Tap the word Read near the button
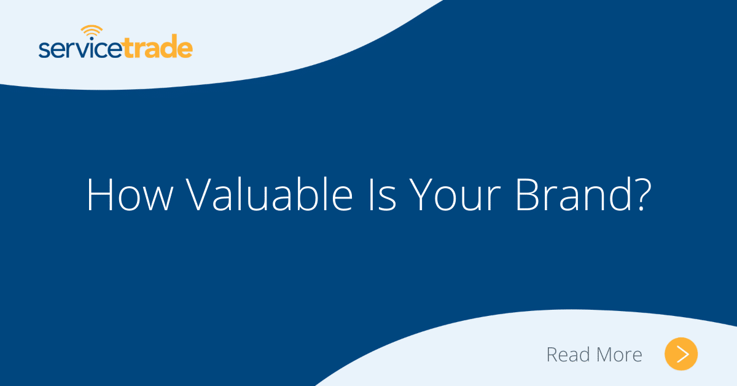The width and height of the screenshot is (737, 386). pyautogui.click(x=568, y=355)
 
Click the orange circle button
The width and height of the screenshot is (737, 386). pyautogui.click(x=681, y=354)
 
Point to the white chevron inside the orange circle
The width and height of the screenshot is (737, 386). pyautogui.click(x=682, y=354)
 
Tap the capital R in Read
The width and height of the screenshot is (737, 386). pyautogui.click(x=552, y=355)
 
